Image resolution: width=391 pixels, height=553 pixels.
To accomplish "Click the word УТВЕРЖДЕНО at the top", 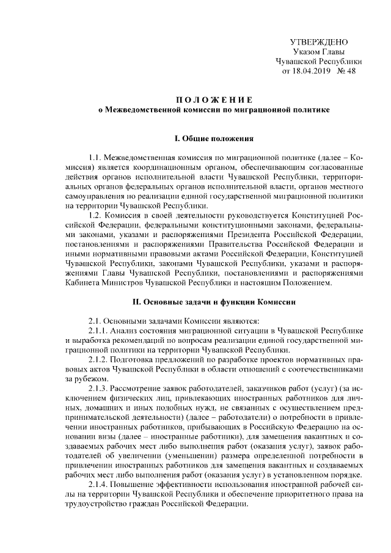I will (318, 42).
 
